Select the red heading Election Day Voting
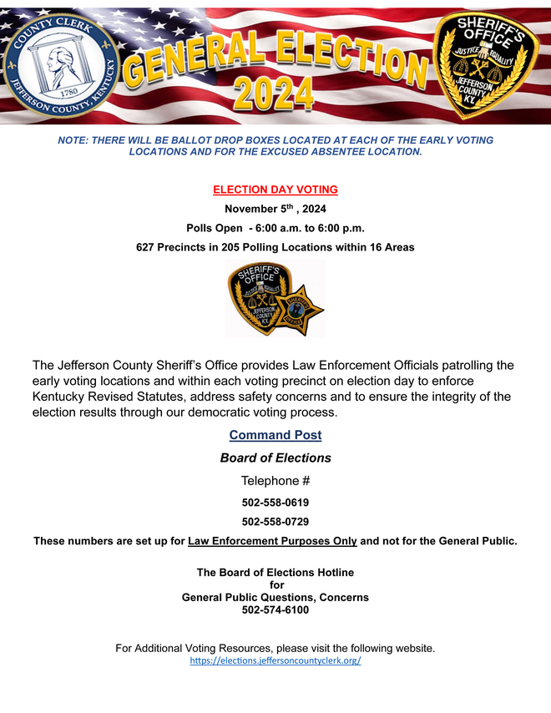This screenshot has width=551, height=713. pyautogui.click(x=275, y=190)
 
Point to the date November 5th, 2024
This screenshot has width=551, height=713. pyautogui.click(x=275, y=209)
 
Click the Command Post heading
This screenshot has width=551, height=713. pyautogui.click(x=275, y=435)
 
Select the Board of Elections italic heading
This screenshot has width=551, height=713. pyautogui.click(x=275, y=458)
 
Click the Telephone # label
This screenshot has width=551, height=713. pyautogui.click(x=275, y=481)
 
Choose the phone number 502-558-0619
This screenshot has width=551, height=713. pyautogui.click(x=275, y=503)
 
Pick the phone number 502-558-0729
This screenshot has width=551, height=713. pyautogui.click(x=275, y=522)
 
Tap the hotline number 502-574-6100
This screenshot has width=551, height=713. pyautogui.click(x=275, y=610)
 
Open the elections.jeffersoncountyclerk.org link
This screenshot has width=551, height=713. pyautogui.click(x=275, y=660)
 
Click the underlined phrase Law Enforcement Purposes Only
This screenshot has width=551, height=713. pyautogui.click(x=273, y=541)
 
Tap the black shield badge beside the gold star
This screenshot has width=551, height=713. pyautogui.click(x=258, y=298)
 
